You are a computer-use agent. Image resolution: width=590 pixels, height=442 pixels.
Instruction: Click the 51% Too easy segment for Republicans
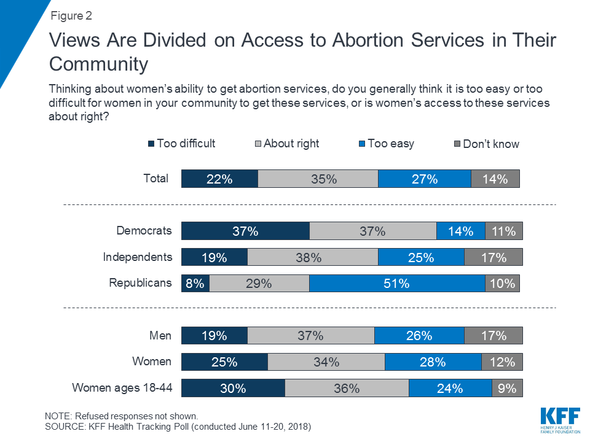click(397, 284)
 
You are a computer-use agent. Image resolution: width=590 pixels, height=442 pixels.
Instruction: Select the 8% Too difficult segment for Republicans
click(195, 284)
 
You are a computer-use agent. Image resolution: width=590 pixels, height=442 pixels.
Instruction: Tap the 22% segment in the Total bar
click(220, 179)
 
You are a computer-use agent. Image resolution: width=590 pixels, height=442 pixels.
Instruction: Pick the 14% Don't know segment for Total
click(495, 179)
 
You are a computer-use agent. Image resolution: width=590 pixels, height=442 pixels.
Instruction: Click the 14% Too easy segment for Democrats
click(461, 231)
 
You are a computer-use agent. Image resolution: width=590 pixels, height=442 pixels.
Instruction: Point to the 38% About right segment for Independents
click(313, 257)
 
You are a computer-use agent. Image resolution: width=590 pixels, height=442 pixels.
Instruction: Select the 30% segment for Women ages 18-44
click(233, 388)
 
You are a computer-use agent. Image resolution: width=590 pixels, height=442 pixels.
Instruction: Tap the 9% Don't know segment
click(507, 388)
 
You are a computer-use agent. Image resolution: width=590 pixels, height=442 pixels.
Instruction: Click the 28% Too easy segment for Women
click(433, 362)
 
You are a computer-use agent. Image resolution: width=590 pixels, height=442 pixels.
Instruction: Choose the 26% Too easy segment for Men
click(419, 335)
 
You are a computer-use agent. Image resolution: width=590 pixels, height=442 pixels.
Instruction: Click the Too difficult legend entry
click(182, 144)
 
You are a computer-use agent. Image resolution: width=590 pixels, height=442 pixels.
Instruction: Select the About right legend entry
click(287, 144)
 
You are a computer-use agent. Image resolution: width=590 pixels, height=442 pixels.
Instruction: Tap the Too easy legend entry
click(387, 144)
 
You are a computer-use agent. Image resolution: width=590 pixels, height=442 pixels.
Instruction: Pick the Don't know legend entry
click(487, 144)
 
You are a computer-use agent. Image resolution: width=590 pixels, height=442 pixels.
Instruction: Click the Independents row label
click(138, 257)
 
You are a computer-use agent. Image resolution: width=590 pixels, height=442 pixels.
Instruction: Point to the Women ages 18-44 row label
click(122, 387)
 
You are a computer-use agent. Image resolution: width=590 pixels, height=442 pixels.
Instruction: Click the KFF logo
click(560, 420)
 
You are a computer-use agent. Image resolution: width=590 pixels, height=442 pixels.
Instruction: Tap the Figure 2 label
click(71, 16)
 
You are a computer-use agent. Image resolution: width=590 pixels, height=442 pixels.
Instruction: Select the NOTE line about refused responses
click(121, 416)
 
